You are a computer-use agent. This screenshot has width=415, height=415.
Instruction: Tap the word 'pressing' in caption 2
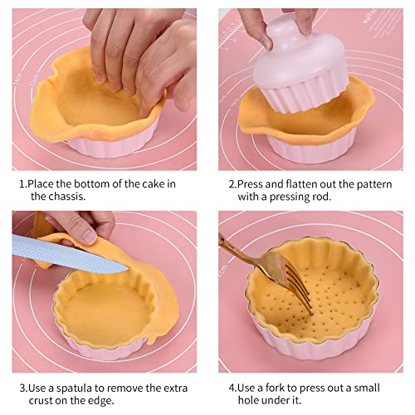[284, 197]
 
